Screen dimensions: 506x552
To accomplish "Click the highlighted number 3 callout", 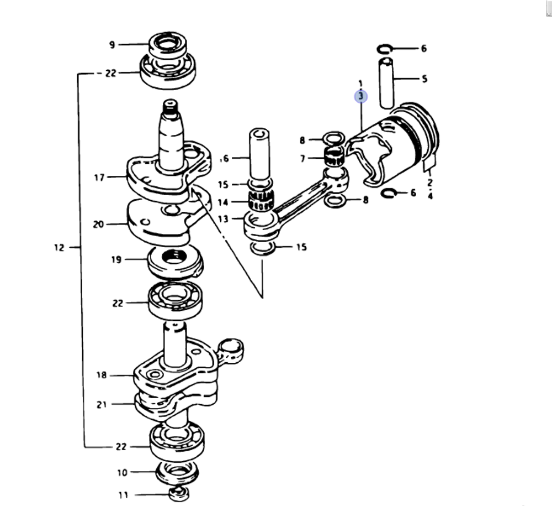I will [x=360, y=96].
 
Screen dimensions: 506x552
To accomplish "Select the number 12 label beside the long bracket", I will [x=59, y=248].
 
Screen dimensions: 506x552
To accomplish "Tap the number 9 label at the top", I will [x=112, y=44].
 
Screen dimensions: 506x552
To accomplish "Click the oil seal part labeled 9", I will [x=167, y=45].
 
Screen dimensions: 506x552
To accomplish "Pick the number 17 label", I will [x=99, y=178].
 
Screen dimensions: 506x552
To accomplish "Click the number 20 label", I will [x=99, y=225].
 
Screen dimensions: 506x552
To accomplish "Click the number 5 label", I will [x=424, y=79].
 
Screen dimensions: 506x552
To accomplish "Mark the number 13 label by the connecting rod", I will [x=222, y=219].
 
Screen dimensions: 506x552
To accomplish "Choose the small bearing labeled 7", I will [x=334, y=157].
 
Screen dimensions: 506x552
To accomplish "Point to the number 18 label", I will [x=102, y=375].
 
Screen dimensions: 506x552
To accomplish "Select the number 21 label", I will [x=101, y=404].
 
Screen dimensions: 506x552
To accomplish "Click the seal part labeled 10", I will [x=177, y=473].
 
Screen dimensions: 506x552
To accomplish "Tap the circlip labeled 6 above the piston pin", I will [x=385, y=49].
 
